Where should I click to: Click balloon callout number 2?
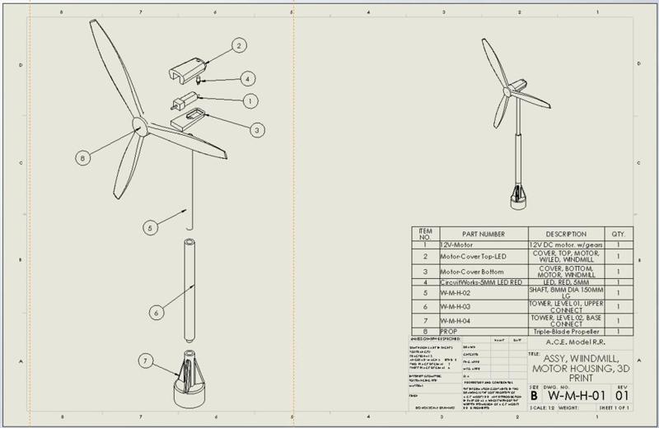pos(238,46)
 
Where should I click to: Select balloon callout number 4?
pos(247,79)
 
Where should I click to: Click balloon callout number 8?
pos(83,156)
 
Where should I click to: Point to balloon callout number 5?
pos(149,227)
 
